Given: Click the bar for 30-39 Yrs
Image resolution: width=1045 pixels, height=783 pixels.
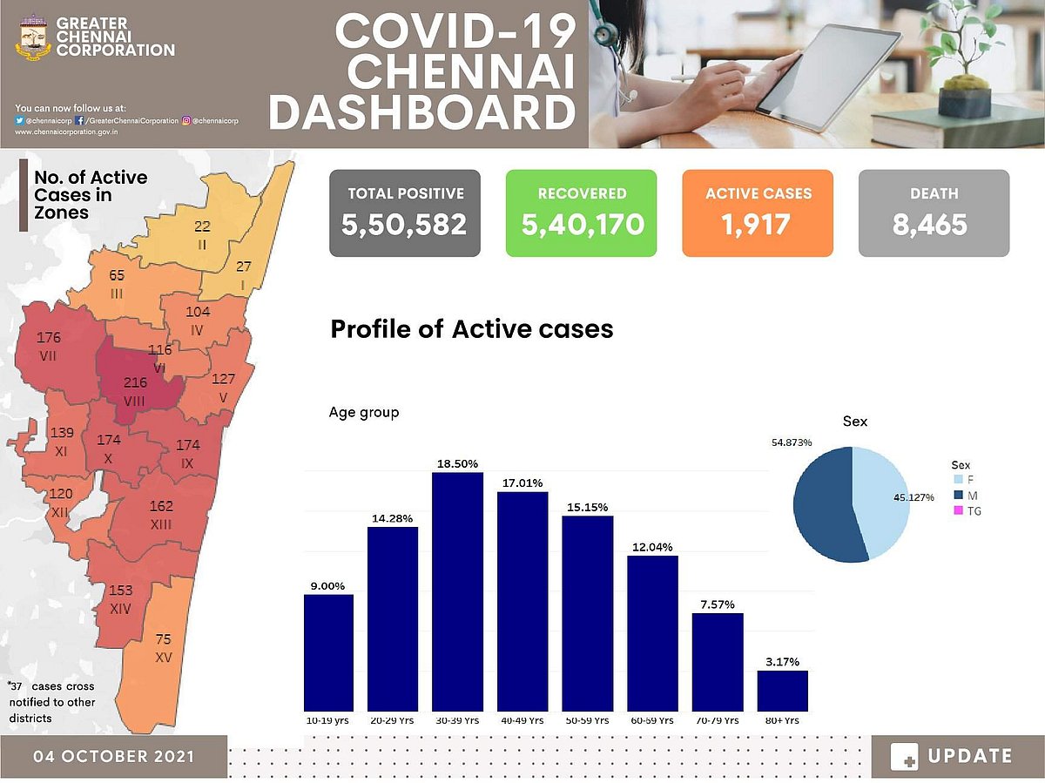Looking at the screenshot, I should coord(457,592).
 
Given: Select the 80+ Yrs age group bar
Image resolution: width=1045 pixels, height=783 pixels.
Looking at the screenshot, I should coord(782,691).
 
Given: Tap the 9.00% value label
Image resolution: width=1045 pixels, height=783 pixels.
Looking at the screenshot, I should coord(328,586).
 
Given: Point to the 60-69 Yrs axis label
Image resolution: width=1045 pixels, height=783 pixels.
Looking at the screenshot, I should coord(652,721).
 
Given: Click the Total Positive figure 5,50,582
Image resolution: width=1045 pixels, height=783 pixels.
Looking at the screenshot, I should coord(405,226).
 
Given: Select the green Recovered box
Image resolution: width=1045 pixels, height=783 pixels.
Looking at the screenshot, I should coord(582,213).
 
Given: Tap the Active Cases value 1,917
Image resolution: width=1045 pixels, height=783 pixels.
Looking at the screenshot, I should coord(756,226).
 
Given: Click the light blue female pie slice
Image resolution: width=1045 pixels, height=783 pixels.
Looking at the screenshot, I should coord(881,501).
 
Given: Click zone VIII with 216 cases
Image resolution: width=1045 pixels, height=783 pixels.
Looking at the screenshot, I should coord(135,391).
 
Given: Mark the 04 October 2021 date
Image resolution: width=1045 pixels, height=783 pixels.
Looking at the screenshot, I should coord(114,756).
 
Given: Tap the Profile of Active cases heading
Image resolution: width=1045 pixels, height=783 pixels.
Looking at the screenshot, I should coord(471,329).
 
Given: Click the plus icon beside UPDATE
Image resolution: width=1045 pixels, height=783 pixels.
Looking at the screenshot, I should coord(905,757).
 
